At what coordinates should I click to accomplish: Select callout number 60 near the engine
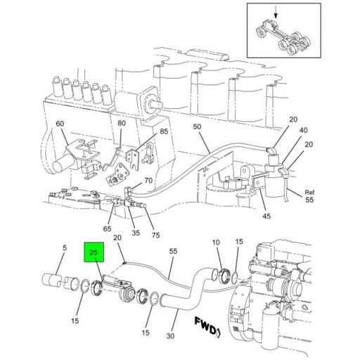(60, 124)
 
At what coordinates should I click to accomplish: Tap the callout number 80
(122, 124)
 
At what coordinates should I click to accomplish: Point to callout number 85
(163, 131)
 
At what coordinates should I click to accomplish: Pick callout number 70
(148, 180)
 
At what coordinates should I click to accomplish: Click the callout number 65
(108, 229)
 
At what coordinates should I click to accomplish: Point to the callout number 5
(64, 247)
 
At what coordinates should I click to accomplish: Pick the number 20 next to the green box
(117, 238)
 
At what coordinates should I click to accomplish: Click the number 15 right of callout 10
(238, 241)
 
